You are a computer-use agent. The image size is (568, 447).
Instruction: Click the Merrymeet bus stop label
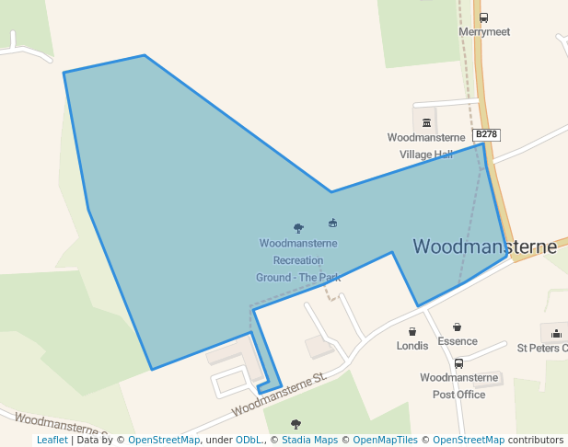[483, 30]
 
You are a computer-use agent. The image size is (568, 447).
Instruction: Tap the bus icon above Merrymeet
[484, 17]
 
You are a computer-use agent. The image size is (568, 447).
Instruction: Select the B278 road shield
[487, 134]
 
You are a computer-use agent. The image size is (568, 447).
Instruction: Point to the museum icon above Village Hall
[426, 123]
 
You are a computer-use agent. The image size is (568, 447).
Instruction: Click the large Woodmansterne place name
[484, 246]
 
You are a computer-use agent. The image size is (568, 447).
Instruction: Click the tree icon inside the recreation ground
[298, 227]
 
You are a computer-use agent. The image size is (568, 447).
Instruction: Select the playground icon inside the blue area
[332, 223]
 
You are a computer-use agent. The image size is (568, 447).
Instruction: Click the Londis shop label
[412, 346]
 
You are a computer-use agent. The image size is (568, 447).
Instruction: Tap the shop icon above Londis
[412, 331]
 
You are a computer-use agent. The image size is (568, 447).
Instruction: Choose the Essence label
[458, 341]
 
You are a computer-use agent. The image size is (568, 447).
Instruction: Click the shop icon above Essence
[458, 327]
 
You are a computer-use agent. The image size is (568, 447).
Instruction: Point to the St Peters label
[541, 348]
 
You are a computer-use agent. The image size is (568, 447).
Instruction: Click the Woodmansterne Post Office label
[458, 385]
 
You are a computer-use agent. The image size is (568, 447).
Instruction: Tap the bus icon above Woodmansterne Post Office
[458, 363]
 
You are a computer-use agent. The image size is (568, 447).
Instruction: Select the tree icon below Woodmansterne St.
[296, 424]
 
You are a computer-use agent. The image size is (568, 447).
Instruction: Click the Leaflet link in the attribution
[52, 440]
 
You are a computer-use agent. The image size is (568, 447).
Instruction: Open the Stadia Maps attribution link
[307, 440]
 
